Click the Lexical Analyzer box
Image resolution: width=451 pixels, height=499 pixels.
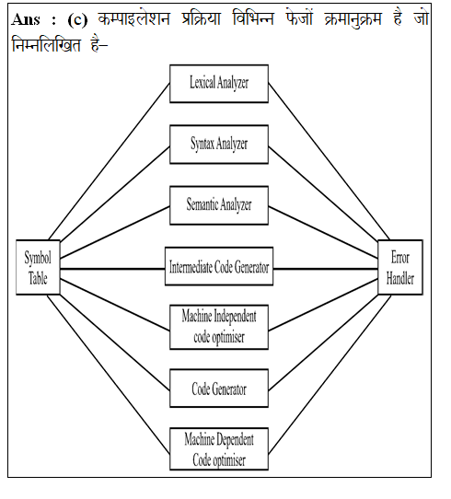click(x=219, y=84)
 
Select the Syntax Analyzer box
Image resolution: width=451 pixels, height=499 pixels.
click(x=219, y=145)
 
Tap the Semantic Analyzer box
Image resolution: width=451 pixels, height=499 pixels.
click(x=219, y=205)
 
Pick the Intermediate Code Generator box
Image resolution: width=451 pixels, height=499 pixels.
click(x=219, y=266)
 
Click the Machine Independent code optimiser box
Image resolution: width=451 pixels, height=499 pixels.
click(x=219, y=327)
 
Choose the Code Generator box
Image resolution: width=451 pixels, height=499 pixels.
click(x=219, y=389)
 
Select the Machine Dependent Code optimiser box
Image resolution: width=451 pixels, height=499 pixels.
click(x=219, y=448)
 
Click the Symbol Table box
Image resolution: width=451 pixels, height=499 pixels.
click(x=38, y=267)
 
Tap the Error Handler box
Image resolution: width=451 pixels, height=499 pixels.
click(x=400, y=267)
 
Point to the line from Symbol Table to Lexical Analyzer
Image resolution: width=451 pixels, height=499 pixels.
click(x=110, y=162)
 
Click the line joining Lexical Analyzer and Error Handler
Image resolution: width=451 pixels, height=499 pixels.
click(x=329, y=162)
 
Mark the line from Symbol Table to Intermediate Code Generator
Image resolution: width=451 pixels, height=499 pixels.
click(x=112, y=269)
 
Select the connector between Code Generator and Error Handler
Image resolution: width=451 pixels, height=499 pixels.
click(x=323, y=342)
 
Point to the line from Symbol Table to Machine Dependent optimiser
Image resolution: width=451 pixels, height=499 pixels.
click(x=109, y=375)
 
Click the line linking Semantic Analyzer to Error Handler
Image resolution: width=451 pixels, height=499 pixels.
click(x=323, y=233)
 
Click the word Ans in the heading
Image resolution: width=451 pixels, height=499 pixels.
click(x=26, y=19)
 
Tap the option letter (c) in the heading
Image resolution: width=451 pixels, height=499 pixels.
click(x=77, y=20)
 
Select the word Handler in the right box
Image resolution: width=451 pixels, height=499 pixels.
click(x=400, y=278)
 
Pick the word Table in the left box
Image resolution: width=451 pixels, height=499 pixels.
click(x=38, y=278)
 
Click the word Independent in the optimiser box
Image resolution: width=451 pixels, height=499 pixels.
click(x=235, y=316)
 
